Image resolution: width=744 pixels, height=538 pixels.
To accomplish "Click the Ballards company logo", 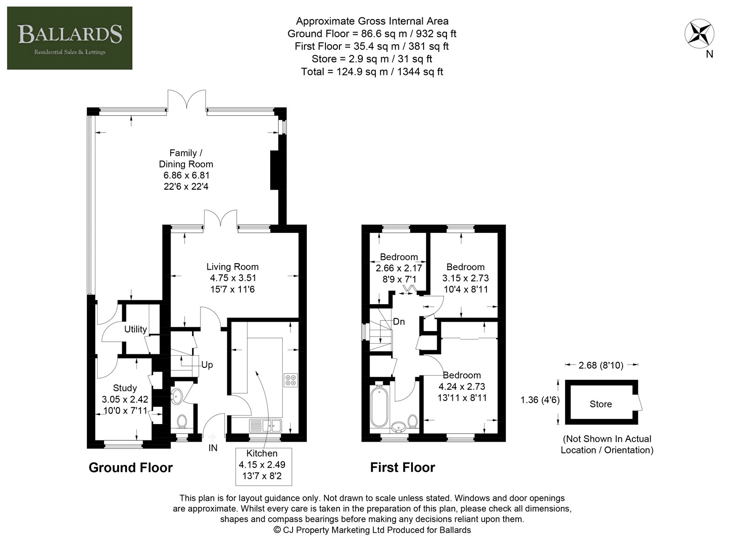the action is pos(70,38).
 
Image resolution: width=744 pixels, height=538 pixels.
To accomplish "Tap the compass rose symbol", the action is pos(699,33).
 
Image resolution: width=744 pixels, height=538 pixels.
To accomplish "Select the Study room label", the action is pos(125,388).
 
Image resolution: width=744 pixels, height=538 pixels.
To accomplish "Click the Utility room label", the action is pos(135,329).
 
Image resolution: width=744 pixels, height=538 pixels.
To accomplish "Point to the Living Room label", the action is pos(232,267).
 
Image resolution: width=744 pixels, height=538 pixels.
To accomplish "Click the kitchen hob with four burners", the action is pos(291,380).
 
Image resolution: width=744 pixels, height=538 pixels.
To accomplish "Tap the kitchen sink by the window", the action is pos(266,425).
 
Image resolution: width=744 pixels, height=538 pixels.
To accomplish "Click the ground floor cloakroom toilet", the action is pos(182,421).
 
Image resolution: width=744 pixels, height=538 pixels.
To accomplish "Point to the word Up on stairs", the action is pos(207,365).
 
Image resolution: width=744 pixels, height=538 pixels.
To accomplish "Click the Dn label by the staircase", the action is pos(399,321).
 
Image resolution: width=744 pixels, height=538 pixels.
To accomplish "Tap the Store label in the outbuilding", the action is pos(600,404).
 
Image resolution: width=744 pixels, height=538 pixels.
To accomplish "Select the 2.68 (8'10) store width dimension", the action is pos(601,365).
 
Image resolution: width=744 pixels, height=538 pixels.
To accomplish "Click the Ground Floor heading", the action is pos(131,467).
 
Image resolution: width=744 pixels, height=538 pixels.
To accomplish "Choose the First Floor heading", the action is pos(403,467).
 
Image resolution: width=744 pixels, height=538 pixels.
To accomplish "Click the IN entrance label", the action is pos(213,448).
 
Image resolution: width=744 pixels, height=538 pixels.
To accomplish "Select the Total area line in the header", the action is pos(372,72).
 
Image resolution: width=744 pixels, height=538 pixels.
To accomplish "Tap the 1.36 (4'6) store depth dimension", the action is pos(540,399).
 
